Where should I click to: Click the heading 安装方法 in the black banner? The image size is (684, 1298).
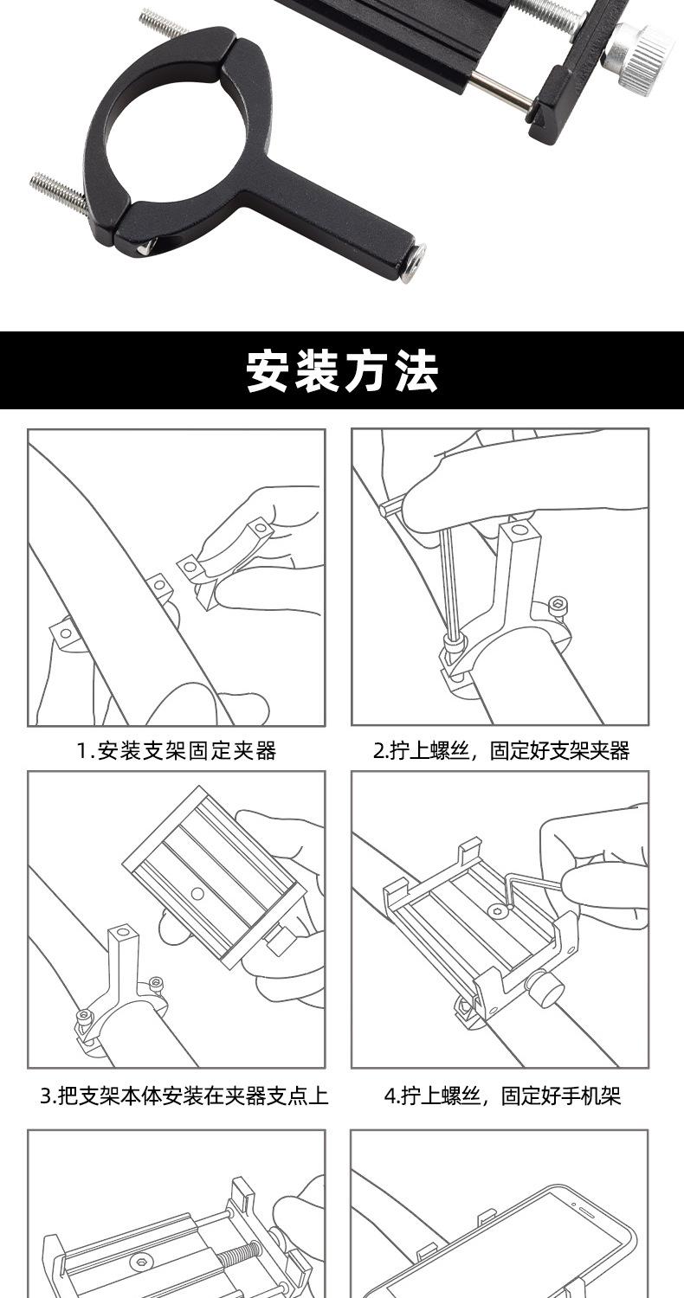(342, 371)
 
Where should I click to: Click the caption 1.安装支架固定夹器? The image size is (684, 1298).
(177, 751)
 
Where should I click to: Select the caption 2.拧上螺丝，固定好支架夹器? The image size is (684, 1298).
(501, 751)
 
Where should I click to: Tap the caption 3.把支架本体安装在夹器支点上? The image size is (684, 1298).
(184, 1096)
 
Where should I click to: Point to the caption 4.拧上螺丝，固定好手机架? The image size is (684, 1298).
(502, 1096)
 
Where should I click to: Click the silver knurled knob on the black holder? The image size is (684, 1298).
(640, 54)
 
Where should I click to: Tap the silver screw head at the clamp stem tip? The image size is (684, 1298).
(413, 262)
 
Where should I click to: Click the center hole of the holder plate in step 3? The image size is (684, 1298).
(197, 893)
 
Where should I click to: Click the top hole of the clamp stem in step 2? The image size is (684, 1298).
(519, 529)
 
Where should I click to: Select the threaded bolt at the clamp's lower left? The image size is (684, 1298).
(58, 190)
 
